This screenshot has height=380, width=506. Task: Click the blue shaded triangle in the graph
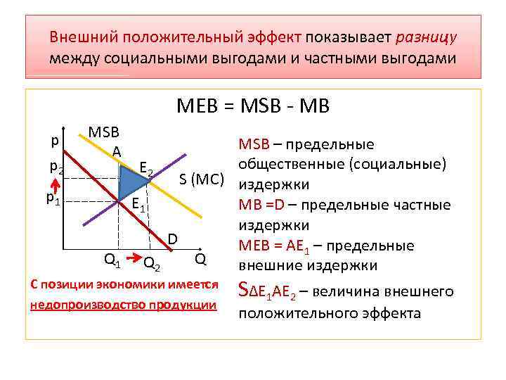point(131,182)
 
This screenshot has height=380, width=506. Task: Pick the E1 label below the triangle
point(139,208)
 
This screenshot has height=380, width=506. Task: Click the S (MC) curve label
point(202,177)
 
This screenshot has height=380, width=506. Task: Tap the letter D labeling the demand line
point(172,239)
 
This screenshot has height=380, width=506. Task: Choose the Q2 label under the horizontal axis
point(151,263)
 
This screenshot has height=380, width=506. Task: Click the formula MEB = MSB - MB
point(253,106)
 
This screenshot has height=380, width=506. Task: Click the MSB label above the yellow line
point(103,132)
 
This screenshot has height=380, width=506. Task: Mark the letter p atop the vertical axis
point(55,140)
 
